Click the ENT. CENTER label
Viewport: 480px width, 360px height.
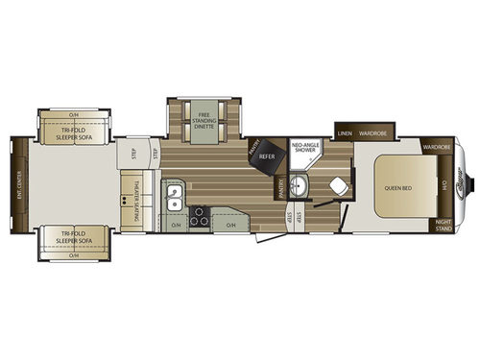point(18,181)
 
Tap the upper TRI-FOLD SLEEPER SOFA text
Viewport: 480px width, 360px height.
point(73,133)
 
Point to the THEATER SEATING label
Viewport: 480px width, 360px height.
point(137,191)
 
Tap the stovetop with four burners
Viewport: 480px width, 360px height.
point(200,216)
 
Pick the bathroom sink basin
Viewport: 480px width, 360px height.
point(299,185)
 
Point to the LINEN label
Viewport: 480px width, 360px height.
point(345,133)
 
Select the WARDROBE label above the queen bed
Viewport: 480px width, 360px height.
point(436,148)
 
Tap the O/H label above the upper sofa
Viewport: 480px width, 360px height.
point(73,115)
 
